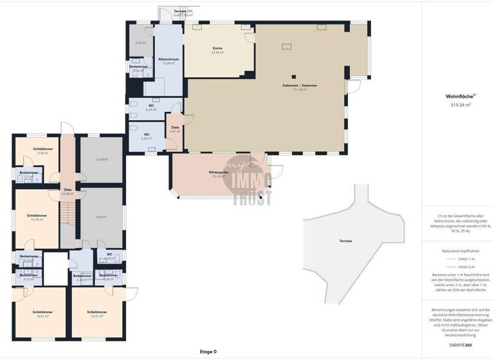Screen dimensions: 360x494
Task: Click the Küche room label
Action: pos(217,51)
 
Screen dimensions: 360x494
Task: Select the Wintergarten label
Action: pos(219,174)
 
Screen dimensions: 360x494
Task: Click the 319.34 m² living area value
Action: pos(459,104)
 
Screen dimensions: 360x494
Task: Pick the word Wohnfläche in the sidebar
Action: pos(459,96)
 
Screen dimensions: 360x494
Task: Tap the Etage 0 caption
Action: pos(207,352)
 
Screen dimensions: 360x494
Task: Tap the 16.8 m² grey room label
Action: pos(102,217)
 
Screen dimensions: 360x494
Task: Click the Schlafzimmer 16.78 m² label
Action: pos(36,217)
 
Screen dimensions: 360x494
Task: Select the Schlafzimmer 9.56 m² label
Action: pos(44,151)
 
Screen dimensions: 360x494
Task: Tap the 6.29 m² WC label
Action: pos(151,108)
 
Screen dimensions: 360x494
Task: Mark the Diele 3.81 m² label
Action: pos(174,130)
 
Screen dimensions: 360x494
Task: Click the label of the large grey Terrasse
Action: pos(346,240)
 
